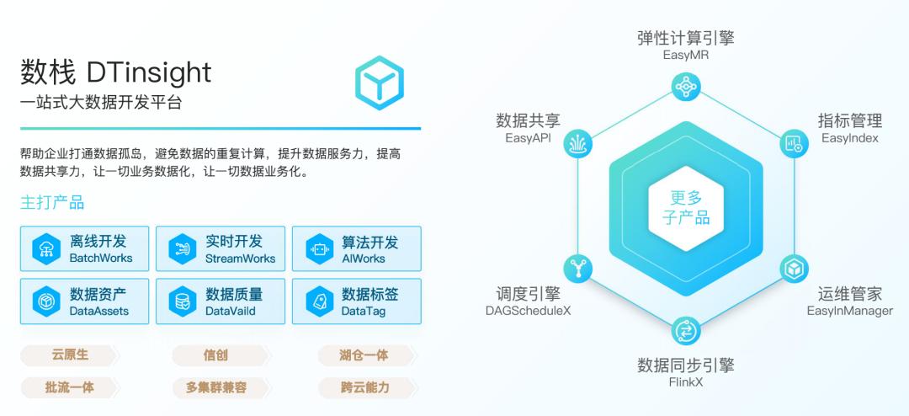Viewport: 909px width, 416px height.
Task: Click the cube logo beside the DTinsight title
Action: coord(379,83)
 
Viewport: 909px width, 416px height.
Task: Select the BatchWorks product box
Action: coord(85,248)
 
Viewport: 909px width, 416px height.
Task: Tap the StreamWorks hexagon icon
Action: coord(182,249)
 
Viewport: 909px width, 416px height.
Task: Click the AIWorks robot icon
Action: coord(320,249)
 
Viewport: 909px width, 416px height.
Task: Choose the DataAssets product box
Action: coord(85,301)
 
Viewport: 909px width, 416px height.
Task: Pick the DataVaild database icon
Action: coord(182,301)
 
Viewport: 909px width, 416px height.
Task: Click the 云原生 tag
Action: coord(70,355)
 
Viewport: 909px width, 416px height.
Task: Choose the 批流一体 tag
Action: coord(70,387)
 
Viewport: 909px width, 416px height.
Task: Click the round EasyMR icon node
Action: coord(687,87)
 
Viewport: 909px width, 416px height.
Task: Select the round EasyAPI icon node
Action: coord(578,143)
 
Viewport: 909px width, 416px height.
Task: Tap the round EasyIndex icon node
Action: coord(793,143)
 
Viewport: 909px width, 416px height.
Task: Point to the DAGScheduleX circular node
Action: coord(578,269)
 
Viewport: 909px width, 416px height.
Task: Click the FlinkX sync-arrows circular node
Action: coord(687,331)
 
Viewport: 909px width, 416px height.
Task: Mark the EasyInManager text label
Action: coord(850,311)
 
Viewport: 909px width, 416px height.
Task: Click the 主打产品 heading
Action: coord(52,202)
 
